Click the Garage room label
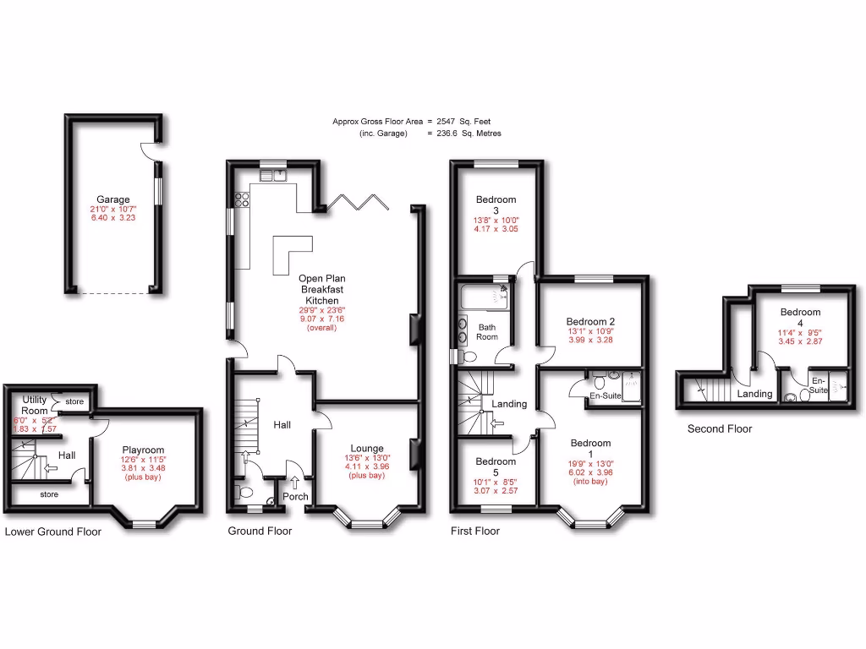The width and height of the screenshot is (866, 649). [112, 200]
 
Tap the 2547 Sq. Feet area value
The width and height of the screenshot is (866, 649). [469, 122]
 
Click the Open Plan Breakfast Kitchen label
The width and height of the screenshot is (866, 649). [321, 289]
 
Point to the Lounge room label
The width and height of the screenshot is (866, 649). [367, 449]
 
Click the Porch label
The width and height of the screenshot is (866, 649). [295, 497]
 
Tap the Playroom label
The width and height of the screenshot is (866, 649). [143, 450]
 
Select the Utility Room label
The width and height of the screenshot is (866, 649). [35, 405]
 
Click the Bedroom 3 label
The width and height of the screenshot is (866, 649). [496, 205]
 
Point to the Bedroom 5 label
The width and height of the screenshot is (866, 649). [496, 467]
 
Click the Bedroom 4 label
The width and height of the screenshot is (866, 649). [800, 317]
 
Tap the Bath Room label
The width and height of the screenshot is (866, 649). [487, 331]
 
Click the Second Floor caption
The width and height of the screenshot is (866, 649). [719, 429]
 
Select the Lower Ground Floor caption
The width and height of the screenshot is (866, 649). [52, 532]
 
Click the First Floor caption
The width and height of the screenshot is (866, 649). [474, 532]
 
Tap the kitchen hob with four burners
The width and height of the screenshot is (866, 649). [241, 199]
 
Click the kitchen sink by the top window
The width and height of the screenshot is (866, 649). [274, 175]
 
